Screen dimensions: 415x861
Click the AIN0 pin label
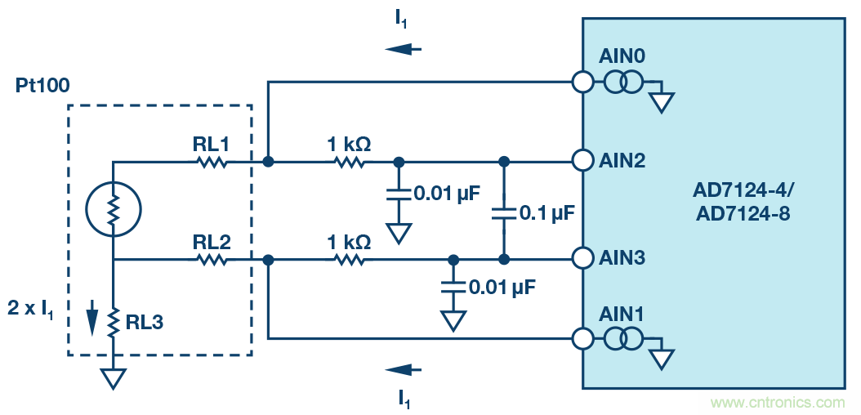(622, 57)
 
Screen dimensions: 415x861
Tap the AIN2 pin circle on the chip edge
(582, 161)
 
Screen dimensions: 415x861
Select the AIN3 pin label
(622, 258)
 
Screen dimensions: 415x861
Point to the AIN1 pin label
(622, 314)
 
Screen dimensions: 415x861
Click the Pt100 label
(42, 85)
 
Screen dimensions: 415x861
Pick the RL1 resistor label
(211, 144)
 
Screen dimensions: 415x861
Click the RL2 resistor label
(211, 242)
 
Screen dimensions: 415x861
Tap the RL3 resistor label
(145, 323)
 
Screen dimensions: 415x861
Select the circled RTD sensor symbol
(113, 211)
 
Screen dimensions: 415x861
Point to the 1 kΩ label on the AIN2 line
(349, 144)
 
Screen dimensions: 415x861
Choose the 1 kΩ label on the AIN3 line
(349, 242)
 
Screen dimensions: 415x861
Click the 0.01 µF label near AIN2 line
(447, 194)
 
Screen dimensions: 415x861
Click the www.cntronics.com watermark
(778, 402)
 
